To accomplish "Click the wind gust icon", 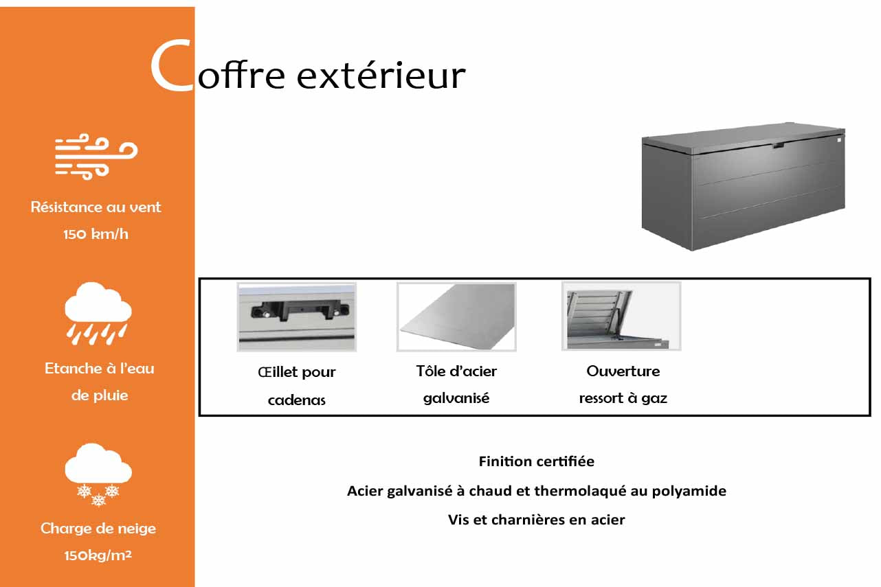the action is pos(96,157).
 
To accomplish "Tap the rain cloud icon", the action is pos(98,314).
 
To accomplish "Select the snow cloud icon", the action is pos(98,474).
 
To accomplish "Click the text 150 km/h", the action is pos(96,234).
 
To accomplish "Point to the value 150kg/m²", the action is pos(98,555).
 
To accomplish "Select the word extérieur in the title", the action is pos(381,75).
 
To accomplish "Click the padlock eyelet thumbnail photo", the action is pos(297,316).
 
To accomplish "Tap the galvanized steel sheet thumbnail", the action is pos(456,316).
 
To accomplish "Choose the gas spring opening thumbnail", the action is pos(621,316).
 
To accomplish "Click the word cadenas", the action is pos(297,400).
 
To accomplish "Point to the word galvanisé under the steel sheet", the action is pos(456,398).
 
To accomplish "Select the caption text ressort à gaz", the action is pos(623,398).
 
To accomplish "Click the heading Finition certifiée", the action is pos(537,461).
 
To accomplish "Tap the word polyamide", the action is pos(689,491).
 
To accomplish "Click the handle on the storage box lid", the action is pos(778,146).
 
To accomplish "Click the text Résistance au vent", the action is pos(96,207).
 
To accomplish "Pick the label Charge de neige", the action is pos(98,529).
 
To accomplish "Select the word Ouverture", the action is pos(623,371).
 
